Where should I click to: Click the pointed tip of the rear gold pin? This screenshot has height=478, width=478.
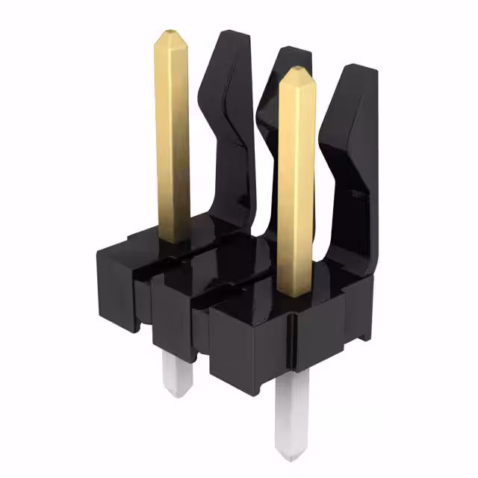click(171, 34)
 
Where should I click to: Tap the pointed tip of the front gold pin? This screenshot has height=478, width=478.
click(296, 71)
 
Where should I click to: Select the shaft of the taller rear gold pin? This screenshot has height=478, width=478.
click(173, 134)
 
